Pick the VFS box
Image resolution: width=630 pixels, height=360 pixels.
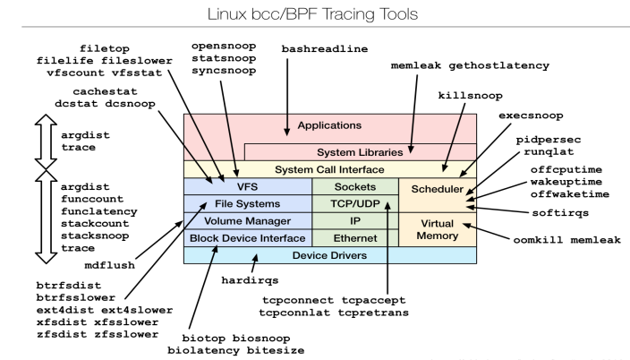[x=247, y=187]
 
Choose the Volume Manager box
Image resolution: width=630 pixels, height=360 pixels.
[x=247, y=220]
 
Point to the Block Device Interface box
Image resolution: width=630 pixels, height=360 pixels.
[x=247, y=238]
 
